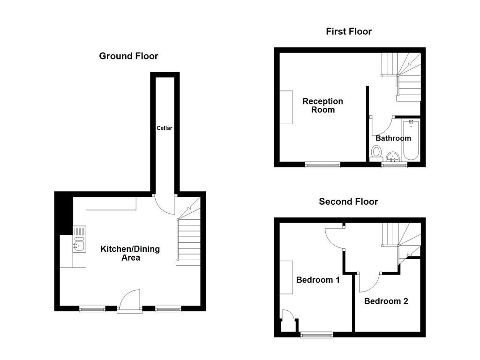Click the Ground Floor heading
(x=128, y=56)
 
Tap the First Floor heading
(x=349, y=31)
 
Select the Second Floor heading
(x=348, y=202)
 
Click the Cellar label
(x=165, y=128)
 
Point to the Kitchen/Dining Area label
(x=130, y=253)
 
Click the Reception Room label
(x=322, y=105)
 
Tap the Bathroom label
(x=393, y=138)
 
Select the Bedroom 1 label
(x=318, y=280)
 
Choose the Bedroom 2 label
(x=386, y=301)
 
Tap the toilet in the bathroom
(x=376, y=153)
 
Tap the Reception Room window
(x=322, y=165)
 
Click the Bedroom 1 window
(x=316, y=334)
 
